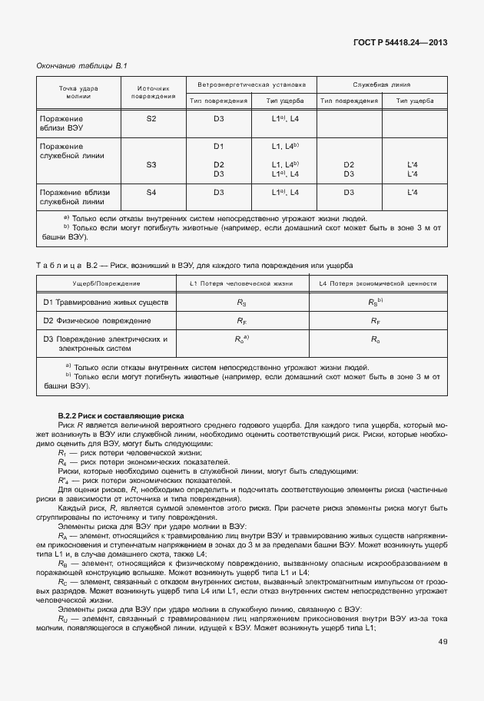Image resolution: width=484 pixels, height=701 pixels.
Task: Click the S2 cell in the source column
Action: (151, 119)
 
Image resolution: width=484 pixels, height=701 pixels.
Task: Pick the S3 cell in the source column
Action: (151, 164)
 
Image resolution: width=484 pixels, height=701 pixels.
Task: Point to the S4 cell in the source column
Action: (151, 192)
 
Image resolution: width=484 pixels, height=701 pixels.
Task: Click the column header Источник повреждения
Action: (151, 92)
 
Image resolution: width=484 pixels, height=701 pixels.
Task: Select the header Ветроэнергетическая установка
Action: (251, 84)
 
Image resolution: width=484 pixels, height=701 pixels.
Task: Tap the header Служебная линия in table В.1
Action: (382, 84)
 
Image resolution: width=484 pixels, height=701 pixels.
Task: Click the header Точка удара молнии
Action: (79, 92)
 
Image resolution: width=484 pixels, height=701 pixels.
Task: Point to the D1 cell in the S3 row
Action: (219, 146)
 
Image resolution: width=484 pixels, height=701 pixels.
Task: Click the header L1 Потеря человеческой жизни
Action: (241, 285)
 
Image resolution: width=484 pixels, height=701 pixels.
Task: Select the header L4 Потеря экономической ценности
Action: (374, 285)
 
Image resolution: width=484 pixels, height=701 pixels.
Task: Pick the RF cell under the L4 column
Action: (374, 321)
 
